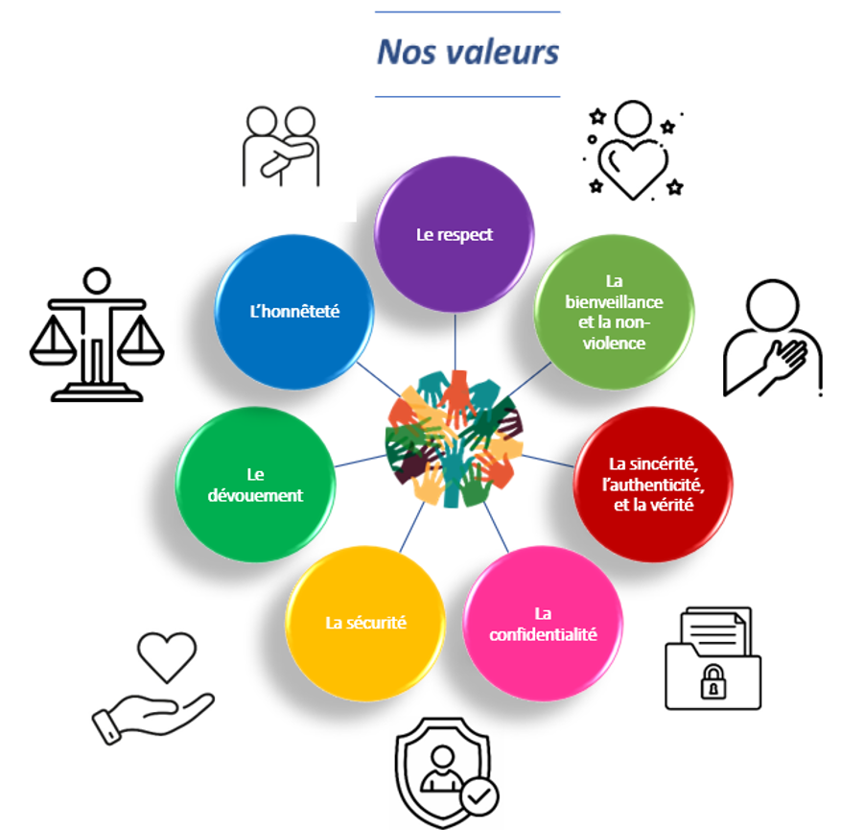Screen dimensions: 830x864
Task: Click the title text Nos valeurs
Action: pyautogui.click(x=467, y=52)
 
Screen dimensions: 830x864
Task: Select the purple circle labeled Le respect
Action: pyautogui.click(x=454, y=235)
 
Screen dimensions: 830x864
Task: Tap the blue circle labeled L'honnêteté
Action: pyautogui.click(x=293, y=311)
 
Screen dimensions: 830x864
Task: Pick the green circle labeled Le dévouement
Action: pyautogui.click(x=255, y=485)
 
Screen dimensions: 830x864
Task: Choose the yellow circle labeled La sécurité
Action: pyautogui.click(x=365, y=623)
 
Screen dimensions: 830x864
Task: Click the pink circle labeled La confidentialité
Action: pyautogui.click(x=543, y=624)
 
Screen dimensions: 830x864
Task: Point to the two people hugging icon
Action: pyautogui.click(x=280, y=146)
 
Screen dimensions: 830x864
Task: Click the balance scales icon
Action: pyautogui.click(x=96, y=335)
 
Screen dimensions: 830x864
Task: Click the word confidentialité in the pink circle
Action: pyautogui.click(x=543, y=634)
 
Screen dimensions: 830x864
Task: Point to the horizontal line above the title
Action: pyautogui.click(x=467, y=12)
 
